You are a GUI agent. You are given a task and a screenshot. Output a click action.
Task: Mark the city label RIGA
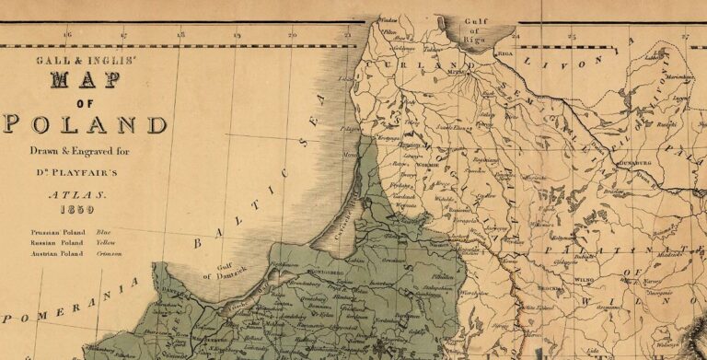505,54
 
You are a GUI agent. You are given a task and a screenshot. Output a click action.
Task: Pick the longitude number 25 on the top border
572,35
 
